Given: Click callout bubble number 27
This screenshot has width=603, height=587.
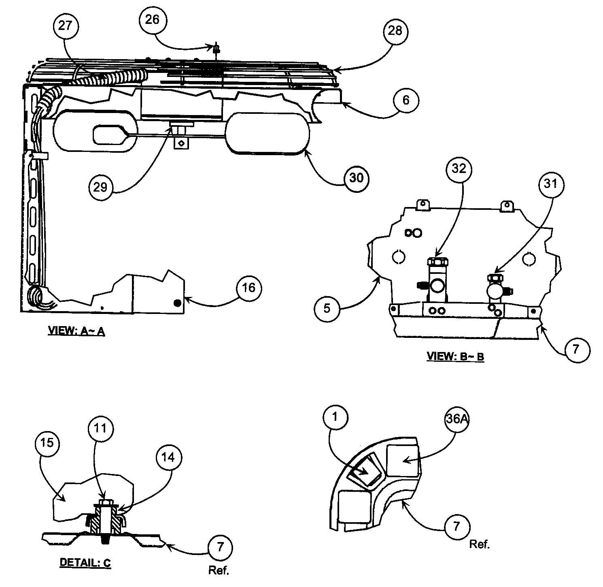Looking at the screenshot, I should pos(65,26).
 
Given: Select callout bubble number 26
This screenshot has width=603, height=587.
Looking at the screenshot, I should pos(153,19).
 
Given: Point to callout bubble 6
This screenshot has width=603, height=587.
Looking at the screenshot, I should pos(406,100).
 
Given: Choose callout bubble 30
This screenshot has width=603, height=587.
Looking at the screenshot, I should pos(356,178).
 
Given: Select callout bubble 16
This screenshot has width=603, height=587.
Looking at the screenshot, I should pos(249,288).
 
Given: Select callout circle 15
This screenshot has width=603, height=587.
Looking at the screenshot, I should pos(47,443).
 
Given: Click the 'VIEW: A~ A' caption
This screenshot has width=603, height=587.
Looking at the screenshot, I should pos(77,331).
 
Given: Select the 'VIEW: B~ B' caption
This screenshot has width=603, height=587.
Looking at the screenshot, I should pos(455,356).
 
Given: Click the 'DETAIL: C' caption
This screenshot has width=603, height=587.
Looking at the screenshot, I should pos(85,562).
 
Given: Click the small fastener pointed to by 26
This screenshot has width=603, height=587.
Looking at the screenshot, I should pos(216,49).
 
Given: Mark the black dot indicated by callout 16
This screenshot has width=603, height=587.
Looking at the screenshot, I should pos(176,303).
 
